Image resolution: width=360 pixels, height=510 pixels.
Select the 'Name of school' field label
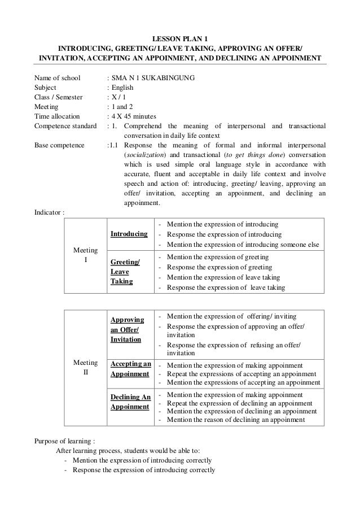tap(57, 78)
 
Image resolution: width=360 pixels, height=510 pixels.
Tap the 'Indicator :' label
tap(50, 212)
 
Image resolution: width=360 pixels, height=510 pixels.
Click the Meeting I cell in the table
tap(85, 255)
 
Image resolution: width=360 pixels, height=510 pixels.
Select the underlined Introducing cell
tap(129, 234)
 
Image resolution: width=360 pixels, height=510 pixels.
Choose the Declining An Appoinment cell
tap(130, 402)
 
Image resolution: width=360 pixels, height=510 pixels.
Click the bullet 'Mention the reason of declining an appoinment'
tap(236, 420)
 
